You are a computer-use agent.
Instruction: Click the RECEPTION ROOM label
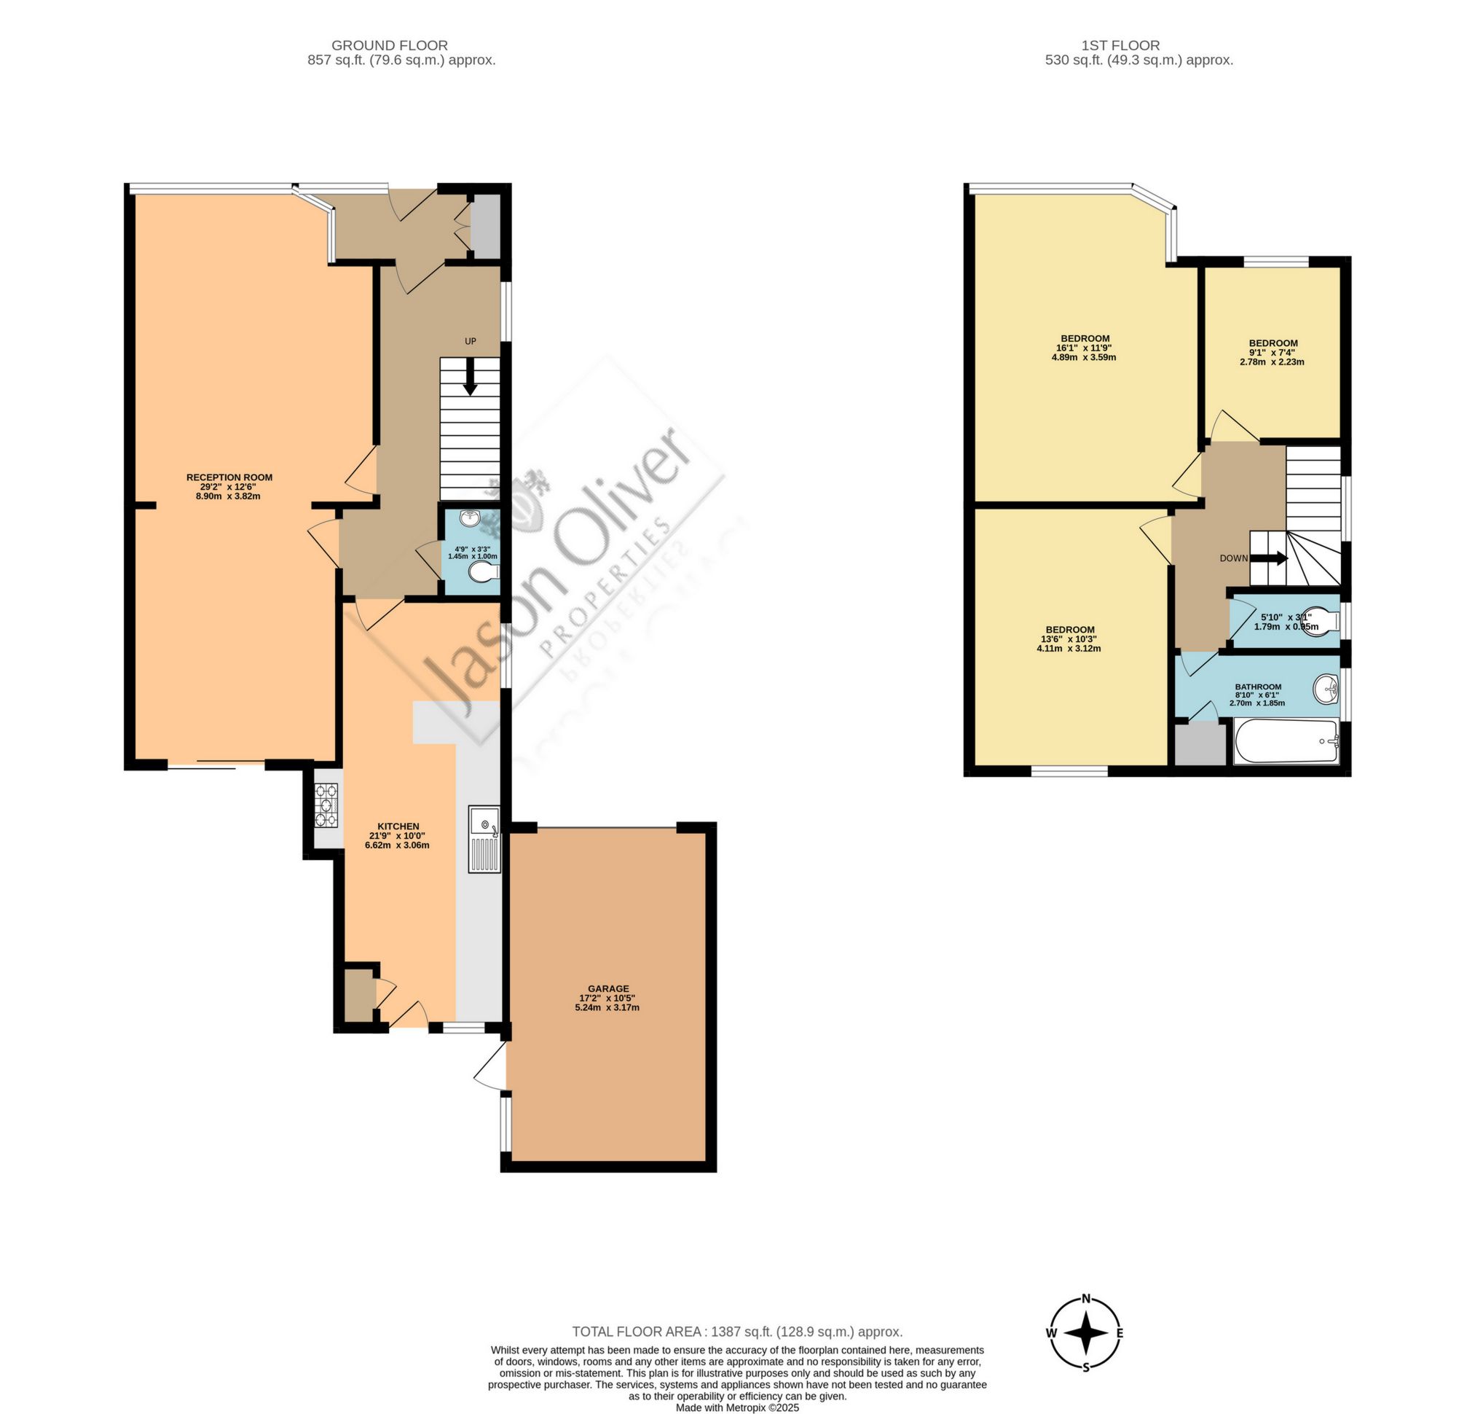[229, 477]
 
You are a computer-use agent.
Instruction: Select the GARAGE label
[608, 988]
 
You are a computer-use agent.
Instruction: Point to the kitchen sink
[483, 839]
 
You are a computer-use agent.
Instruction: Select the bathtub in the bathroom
[1286, 742]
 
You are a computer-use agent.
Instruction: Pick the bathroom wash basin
[1325, 688]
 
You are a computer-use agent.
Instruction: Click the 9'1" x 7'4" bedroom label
[1273, 343]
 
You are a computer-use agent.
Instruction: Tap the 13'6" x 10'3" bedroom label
[1069, 630]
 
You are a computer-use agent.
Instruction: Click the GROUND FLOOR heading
[389, 46]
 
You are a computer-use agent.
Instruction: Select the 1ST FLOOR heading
[1131, 46]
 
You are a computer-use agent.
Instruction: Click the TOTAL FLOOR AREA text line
[736, 1331]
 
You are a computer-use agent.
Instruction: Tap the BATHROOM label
[1257, 687]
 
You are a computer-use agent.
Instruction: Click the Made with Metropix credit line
[736, 1407]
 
